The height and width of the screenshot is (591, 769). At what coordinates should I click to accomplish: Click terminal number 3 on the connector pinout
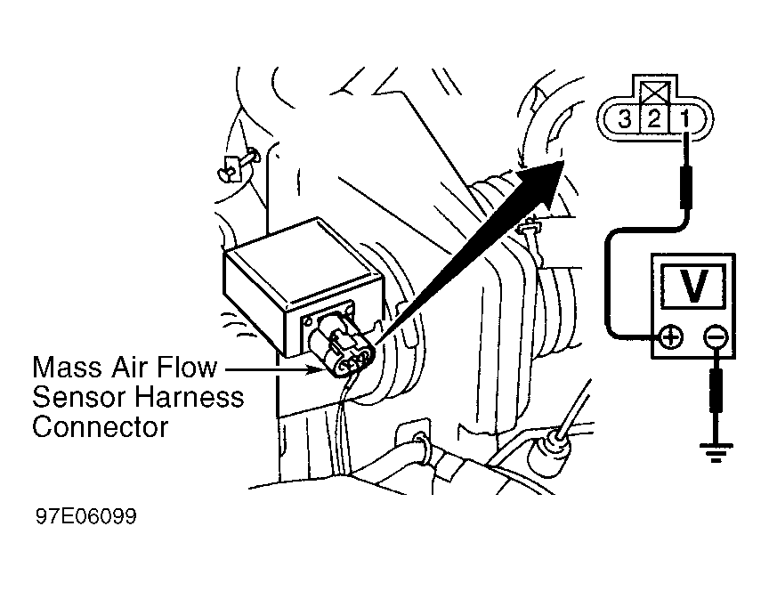624,118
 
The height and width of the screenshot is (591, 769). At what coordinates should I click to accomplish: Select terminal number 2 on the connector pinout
655,118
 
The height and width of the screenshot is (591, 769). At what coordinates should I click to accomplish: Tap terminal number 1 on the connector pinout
685,118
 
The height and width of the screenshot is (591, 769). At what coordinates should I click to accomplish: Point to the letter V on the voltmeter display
693,286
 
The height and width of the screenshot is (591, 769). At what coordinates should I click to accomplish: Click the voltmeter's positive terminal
671,337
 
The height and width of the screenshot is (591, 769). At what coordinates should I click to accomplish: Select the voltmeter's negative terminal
716,337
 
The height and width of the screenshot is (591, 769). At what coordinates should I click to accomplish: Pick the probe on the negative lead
716,391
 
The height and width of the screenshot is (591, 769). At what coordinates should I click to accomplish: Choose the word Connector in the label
100,428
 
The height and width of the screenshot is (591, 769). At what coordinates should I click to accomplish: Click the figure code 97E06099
85,516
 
